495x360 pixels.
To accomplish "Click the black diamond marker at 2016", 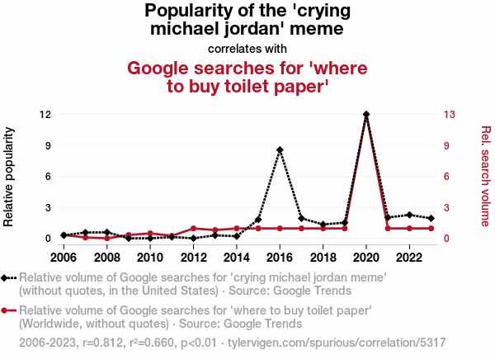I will point(280,149).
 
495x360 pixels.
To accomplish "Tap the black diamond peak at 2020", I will point(366,114).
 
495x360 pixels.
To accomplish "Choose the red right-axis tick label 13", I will point(450,114).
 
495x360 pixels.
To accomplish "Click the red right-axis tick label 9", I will point(447,145).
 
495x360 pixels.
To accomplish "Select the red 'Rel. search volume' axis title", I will point(486,176).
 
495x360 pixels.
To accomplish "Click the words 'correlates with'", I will point(247,48).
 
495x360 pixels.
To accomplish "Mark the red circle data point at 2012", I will point(194,228).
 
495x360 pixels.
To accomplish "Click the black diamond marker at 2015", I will point(258,220).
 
